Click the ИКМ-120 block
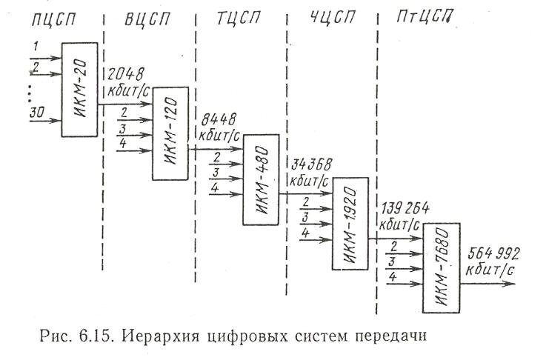point(170,133)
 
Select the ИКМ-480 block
point(261,179)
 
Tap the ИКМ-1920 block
point(350,224)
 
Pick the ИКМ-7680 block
point(441,268)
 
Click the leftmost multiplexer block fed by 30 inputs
point(79,90)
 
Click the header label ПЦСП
point(53,19)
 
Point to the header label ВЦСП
point(147,19)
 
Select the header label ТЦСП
point(239,18)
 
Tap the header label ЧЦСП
point(333,17)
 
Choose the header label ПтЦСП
point(425,16)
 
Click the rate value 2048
point(126,74)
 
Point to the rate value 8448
point(219,120)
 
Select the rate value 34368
point(311,164)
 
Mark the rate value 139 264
point(405,209)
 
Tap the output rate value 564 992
point(493,254)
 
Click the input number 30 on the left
point(37,113)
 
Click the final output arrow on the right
point(488,283)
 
